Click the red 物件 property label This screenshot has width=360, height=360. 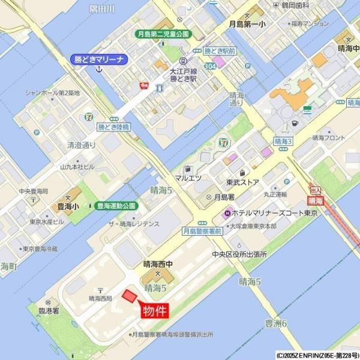click(x=154, y=311)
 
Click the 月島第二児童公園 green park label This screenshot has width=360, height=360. click(x=162, y=34)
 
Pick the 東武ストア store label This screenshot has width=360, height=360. click(x=242, y=182)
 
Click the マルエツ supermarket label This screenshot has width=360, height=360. click(x=188, y=178)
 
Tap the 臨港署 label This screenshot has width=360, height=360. click(x=47, y=311)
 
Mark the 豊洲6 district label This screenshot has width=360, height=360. click(x=277, y=323)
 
